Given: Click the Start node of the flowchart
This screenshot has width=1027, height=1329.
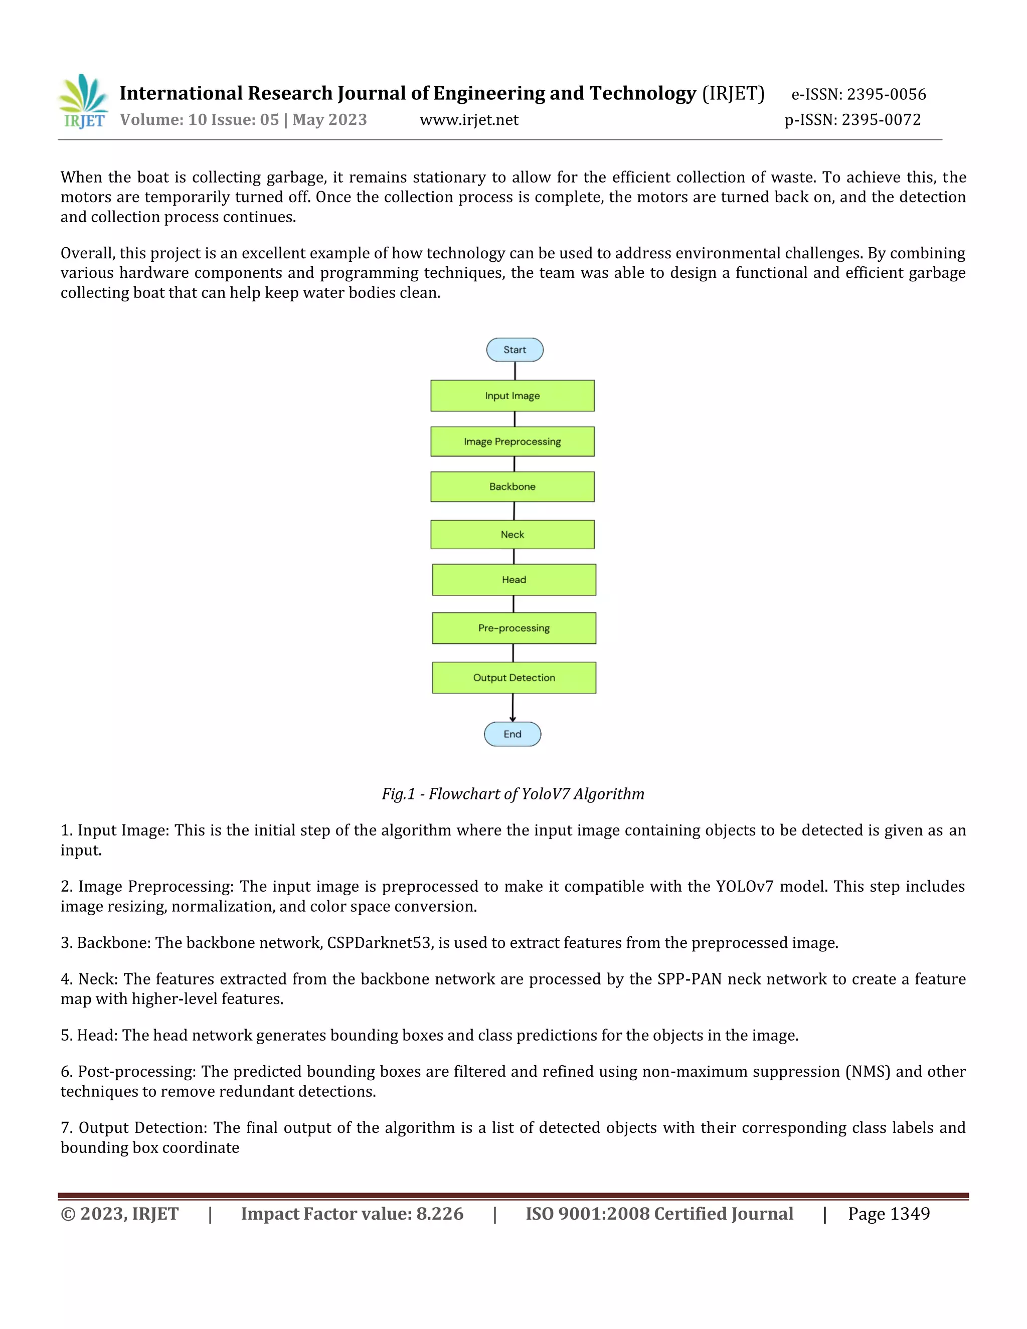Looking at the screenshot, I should click(515, 350).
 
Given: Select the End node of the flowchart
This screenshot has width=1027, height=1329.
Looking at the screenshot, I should click(512, 734).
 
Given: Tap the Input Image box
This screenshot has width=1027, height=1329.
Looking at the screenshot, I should click(512, 396).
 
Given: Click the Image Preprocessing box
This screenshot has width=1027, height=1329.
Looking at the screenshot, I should click(512, 442).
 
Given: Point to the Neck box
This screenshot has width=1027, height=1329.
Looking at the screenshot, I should click(512, 534).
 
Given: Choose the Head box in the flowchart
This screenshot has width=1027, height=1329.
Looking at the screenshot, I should click(514, 580).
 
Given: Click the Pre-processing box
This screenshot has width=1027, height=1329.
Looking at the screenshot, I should click(514, 628).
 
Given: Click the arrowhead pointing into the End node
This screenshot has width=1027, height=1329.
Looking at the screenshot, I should click(512, 719).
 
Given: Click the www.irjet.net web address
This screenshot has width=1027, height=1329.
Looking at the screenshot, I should click(469, 120).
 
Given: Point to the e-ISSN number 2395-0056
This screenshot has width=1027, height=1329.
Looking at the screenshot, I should click(887, 94).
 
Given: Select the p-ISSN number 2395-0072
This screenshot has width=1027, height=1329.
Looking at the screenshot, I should click(881, 120).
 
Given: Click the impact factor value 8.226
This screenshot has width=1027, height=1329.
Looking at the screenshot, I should click(439, 1214).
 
